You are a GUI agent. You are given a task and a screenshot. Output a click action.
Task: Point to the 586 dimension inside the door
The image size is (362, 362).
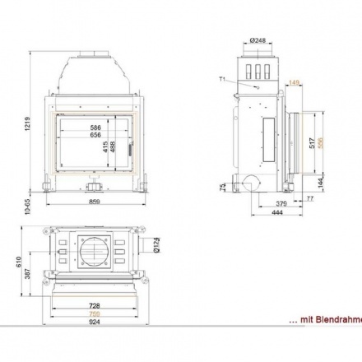[95, 128]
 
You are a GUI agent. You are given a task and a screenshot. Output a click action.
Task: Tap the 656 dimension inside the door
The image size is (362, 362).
[95, 137]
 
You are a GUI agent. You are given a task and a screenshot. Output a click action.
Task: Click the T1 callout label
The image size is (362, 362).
[223, 78]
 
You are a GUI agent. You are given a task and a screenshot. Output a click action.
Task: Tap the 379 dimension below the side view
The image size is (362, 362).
[281, 203]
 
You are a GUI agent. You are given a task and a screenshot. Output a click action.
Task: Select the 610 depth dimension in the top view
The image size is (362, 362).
[18, 261]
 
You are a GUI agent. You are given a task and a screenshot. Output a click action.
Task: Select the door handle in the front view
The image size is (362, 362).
[128, 149]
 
